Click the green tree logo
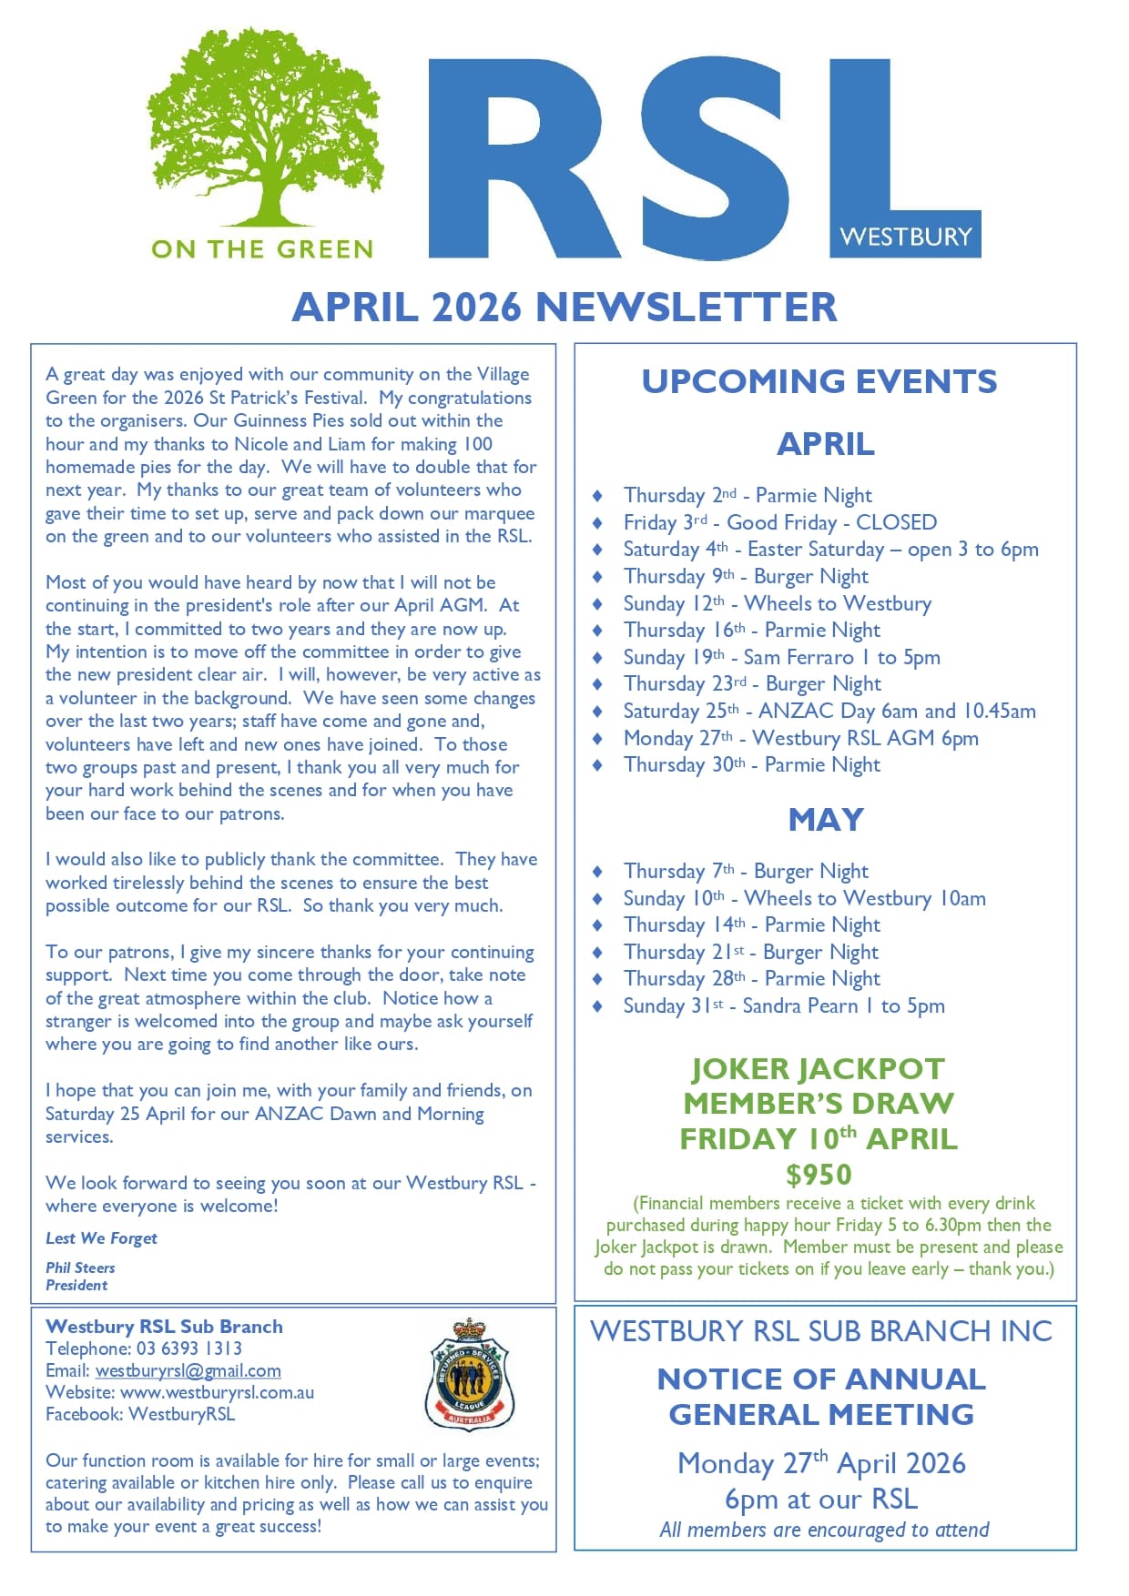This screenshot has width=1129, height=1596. (265, 127)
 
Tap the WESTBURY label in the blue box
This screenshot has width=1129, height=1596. (906, 237)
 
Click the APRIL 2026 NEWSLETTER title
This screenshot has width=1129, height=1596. (564, 308)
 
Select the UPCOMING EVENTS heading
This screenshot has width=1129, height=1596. (819, 381)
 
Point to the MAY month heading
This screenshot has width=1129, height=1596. (825, 820)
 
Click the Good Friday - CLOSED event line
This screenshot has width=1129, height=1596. (779, 522)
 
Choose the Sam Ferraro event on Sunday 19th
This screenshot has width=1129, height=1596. (781, 657)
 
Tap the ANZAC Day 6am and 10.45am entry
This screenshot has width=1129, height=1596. (829, 711)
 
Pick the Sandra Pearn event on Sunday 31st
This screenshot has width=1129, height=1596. (783, 1005)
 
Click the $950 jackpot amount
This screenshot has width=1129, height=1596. (819, 1175)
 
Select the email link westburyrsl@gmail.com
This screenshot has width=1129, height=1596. (188, 1370)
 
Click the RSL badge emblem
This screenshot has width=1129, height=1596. (470, 1375)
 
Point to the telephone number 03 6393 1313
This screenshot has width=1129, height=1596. (189, 1349)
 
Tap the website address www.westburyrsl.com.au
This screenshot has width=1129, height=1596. (217, 1392)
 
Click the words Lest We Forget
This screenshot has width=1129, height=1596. (101, 1238)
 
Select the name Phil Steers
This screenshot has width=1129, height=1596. (80, 1268)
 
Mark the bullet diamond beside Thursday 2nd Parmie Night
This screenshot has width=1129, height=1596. (597, 496)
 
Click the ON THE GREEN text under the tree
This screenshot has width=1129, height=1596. (262, 249)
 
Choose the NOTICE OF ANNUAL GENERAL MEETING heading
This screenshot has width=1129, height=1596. (821, 1397)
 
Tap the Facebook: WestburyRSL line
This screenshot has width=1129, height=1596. (140, 1414)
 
